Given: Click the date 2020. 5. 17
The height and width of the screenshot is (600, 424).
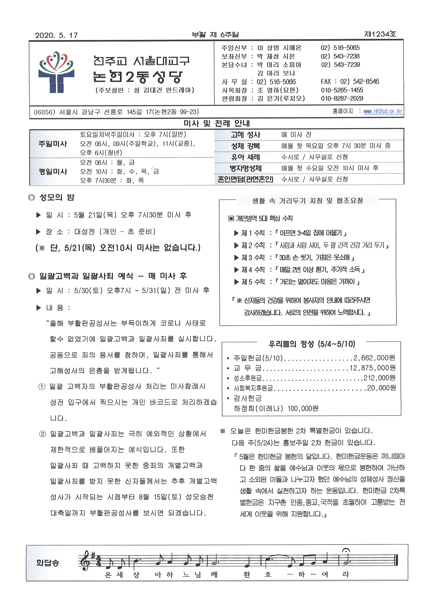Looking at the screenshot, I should coord(56,35).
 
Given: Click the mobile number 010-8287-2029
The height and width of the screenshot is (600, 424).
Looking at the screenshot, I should coord(342,99).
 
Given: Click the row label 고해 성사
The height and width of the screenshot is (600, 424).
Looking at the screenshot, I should coord(245,135).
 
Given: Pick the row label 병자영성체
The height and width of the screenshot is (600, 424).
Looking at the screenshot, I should coord(245,168).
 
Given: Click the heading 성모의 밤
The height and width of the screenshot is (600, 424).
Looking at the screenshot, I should coord(57,197).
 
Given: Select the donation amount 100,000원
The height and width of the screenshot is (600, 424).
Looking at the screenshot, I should coord(303,408).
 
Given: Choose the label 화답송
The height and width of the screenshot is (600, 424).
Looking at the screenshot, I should coord(48,563).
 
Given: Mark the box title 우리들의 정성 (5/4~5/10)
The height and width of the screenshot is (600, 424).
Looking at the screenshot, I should coord(312,344).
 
